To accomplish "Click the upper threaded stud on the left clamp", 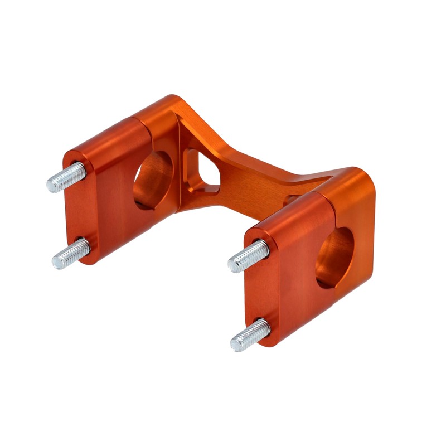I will (66, 177).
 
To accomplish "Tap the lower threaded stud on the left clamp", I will (71, 254).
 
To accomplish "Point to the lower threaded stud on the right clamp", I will (250, 334).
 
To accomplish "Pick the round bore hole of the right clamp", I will (334, 258).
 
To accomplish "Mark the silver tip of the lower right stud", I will (235, 343).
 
